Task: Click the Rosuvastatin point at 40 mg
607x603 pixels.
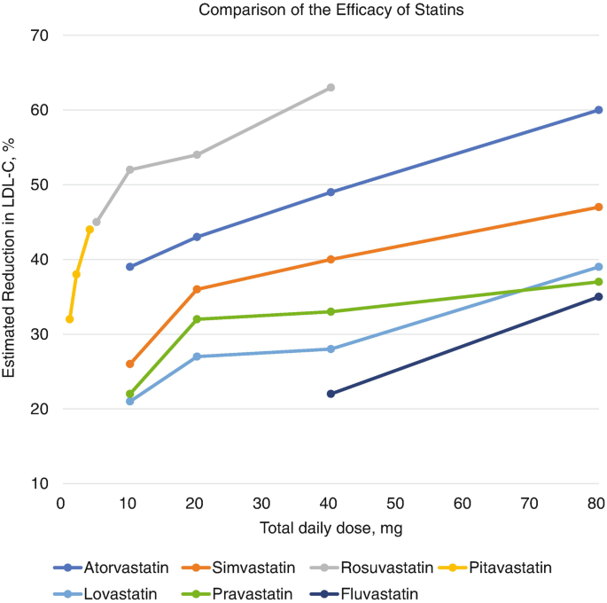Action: pyautogui.click(x=331, y=88)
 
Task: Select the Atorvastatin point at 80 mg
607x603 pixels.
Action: pyautogui.click(x=598, y=110)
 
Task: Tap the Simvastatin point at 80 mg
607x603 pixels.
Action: pyautogui.click(x=598, y=208)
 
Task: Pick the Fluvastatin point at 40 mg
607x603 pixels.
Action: pyautogui.click(x=331, y=394)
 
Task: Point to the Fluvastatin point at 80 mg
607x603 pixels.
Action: pyautogui.click(x=598, y=297)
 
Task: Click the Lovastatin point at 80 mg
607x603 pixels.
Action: pyautogui.click(x=598, y=267)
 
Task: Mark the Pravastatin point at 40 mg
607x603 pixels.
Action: pyautogui.click(x=331, y=311)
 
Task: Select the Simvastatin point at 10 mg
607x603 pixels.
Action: pyautogui.click(x=130, y=364)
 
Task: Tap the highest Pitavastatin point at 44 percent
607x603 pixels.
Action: pyautogui.click(x=89, y=230)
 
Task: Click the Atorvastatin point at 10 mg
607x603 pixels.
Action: pyautogui.click(x=130, y=267)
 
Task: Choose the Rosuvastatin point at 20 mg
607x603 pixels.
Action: pyautogui.click(x=197, y=154)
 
